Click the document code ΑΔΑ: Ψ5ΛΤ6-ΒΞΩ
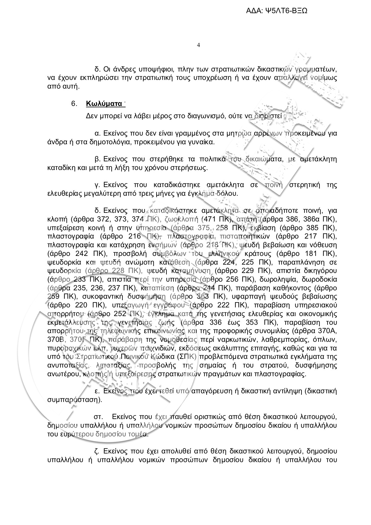pyautogui.click(x=277, y=11)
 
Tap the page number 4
pyautogui.click(x=198, y=45)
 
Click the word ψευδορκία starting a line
pyautogui.click(x=64, y=271)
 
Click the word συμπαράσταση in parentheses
pyautogui.click(x=76, y=400)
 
